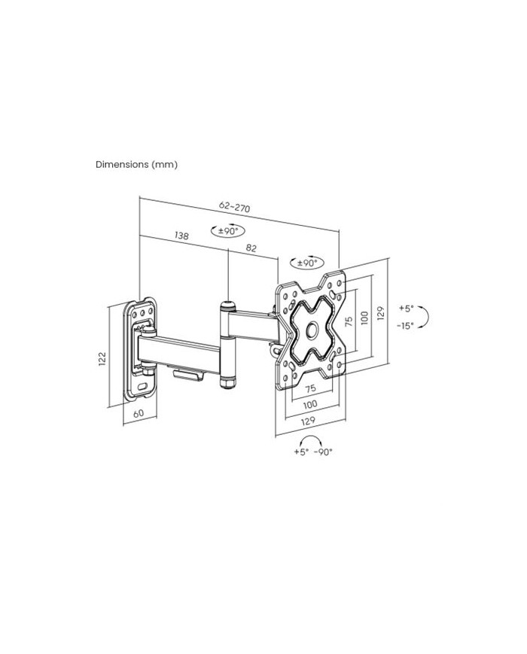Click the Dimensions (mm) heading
(x=136, y=164)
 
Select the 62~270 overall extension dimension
(x=234, y=206)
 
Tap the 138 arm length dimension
(x=181, y=236)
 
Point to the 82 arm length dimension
(x=251, y=248)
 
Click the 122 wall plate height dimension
(x=102, y=359)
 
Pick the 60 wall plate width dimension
(x=139, y=413)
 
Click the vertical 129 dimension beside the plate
(x=380, y=313)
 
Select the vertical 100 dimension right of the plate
(x=364, y=318)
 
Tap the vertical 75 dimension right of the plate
(x=349, y=321)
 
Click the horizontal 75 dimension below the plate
(x=310, y=389)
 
